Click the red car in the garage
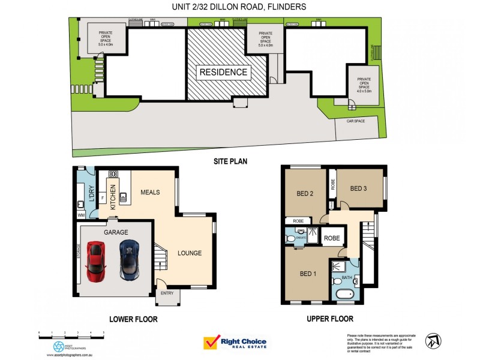point(96,261)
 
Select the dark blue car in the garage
point(129,260)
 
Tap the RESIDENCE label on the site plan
point(223,72)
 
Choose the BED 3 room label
point(358,189)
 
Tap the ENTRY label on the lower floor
point(166,293)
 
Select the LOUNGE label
point(190,253)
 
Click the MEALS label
point(151,193)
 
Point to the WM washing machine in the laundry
point(80,214)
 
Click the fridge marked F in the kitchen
point(103,197)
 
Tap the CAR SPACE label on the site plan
point(356,121)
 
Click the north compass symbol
point(433,341)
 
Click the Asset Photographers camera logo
point(59,346)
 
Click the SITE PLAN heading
point(230,161)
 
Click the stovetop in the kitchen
point(112,173)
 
